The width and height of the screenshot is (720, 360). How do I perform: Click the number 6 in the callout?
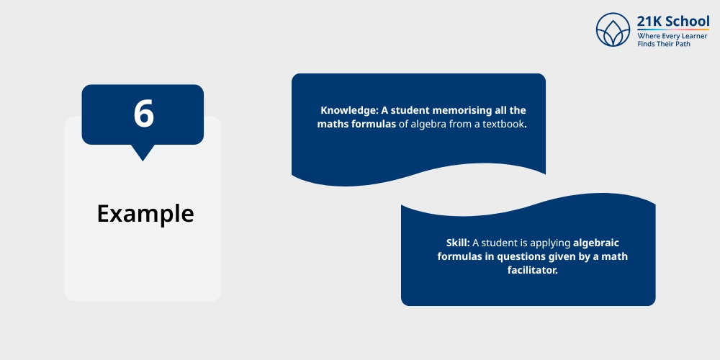pos(143,114)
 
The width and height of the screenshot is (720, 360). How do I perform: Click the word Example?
pos(145,214)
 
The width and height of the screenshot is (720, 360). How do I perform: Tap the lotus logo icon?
pos(613,30)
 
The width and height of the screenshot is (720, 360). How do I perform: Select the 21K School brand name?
pos(672,21)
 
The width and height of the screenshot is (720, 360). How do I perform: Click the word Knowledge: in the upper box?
pos(349,111)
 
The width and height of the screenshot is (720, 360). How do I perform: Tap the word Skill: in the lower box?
pos(458,243)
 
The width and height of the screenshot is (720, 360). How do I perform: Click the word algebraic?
pos(596,243)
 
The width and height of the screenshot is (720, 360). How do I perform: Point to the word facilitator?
pos(532,271)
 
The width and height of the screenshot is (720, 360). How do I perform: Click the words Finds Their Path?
pos(664,44)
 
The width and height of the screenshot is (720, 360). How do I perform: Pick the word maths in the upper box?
pos(333,124)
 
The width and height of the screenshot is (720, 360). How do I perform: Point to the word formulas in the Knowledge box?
pos(373,124)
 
